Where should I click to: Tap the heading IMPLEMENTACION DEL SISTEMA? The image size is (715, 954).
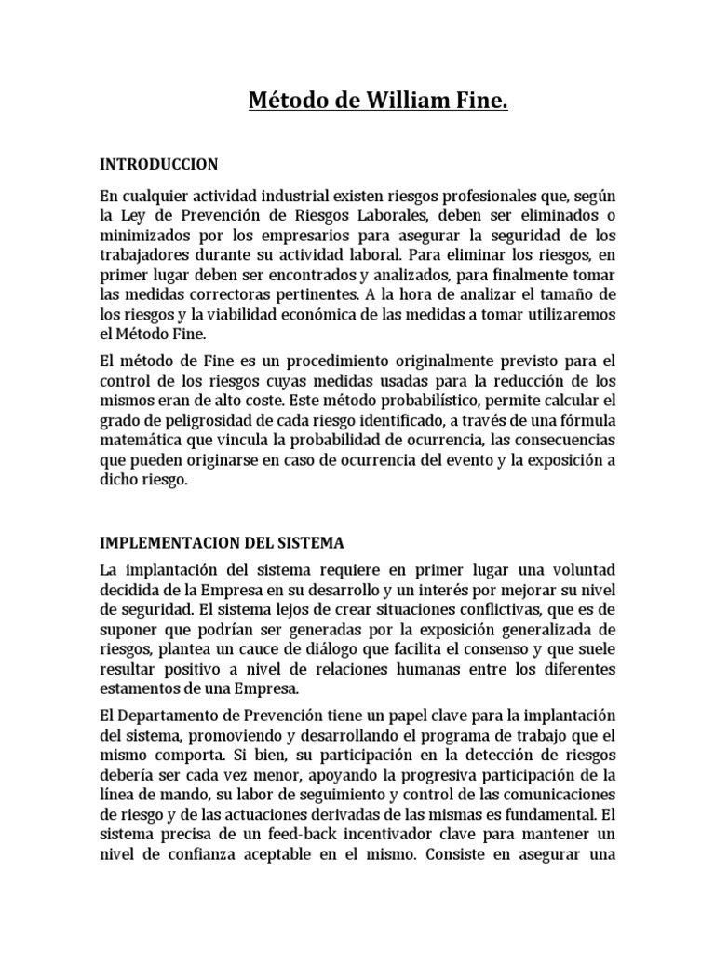[222, 542]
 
